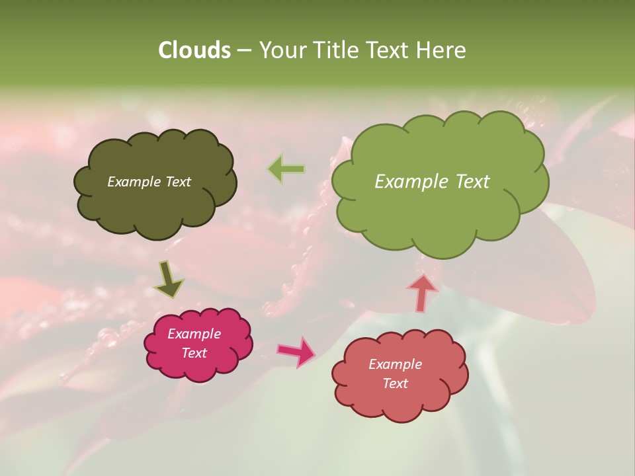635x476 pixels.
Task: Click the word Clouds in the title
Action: point(194,50)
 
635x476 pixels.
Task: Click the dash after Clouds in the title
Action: point(244,51)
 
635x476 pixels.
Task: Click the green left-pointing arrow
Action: point(286,169)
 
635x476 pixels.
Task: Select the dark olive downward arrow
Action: point(169,280)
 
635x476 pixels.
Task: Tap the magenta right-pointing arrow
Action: point(296,351)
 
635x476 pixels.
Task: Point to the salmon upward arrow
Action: point(422,292)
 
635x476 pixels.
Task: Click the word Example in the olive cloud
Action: point(134,182)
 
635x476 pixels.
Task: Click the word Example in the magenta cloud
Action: point(194,334)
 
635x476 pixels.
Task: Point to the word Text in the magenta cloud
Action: point(194,353)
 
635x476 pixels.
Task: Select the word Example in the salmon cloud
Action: point(395,364)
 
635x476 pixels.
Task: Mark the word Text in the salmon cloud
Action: point(395,383)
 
